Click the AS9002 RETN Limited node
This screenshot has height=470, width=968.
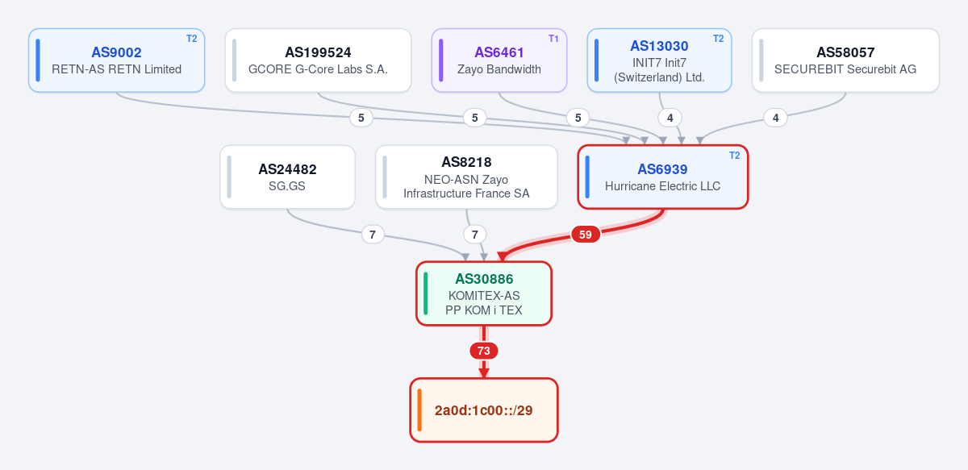coord(117,60)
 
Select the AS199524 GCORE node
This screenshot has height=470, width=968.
coord(318,60)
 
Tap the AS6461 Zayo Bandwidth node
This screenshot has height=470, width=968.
coord(499,60)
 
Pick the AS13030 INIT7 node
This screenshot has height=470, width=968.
coord(660,60)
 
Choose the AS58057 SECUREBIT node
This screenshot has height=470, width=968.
coord(845,60)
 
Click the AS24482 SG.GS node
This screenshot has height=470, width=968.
coord(287,177)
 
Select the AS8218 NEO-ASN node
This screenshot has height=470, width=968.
coord(467,177)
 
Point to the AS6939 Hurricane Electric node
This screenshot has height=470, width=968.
coord(663,177)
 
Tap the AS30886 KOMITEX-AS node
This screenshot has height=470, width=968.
coord(484,293)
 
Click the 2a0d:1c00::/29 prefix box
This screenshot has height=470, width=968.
coord(484,410)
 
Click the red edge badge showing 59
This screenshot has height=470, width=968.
coord(586,235)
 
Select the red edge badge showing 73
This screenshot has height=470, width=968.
coord(484,351)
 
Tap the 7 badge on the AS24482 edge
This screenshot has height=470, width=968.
coord(373,235)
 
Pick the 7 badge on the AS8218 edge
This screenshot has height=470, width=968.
coord(475,235)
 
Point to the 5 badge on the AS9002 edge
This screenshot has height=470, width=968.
coord(361,118)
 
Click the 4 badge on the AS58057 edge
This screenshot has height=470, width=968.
coord(776,118)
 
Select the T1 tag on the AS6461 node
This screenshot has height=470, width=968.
coord(553,39)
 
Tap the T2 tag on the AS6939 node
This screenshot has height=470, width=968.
coord(735,156)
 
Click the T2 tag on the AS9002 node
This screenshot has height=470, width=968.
coord(192,39)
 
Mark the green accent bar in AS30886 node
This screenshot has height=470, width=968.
coord(426,293)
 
